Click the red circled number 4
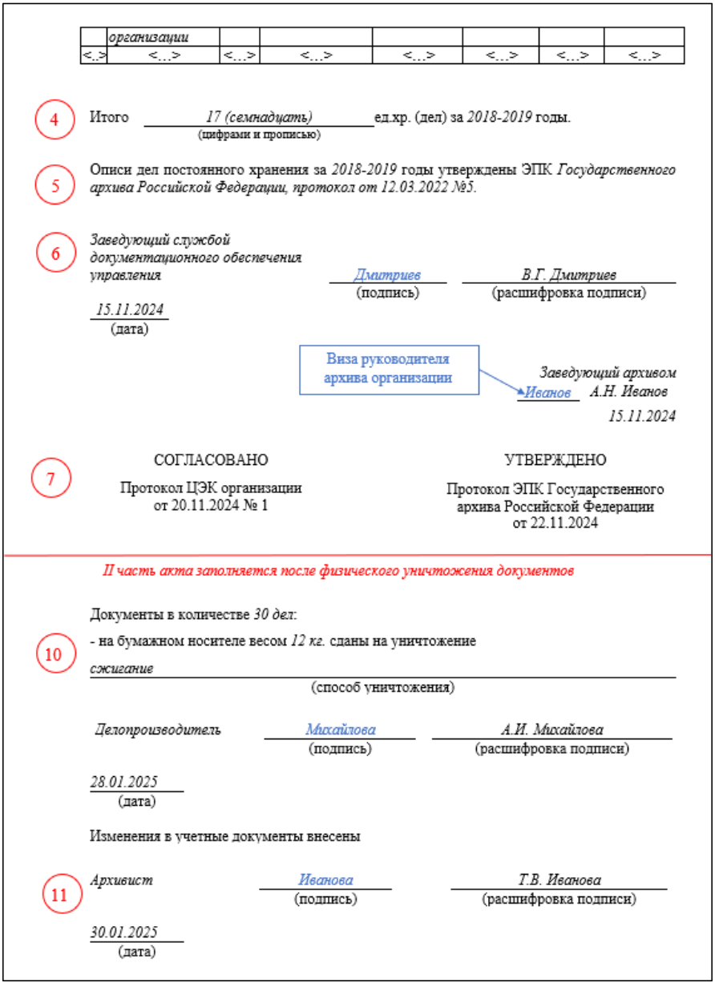pos(55,119)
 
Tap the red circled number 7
pos(50,479)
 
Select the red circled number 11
pos(60,895)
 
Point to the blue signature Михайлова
pos(340,730)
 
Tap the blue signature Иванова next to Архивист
pos(325,880)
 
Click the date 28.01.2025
pos(123,782)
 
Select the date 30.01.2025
pos(123,932)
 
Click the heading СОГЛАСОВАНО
pos(211,459)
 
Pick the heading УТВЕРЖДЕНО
pos(555,459)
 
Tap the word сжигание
pos(122,668)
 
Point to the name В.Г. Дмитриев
pos(568,275)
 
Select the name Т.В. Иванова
pos(559,880)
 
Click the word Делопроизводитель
pos(158,730)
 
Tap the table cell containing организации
pos(164,37)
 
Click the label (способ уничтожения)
pos(383,687)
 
